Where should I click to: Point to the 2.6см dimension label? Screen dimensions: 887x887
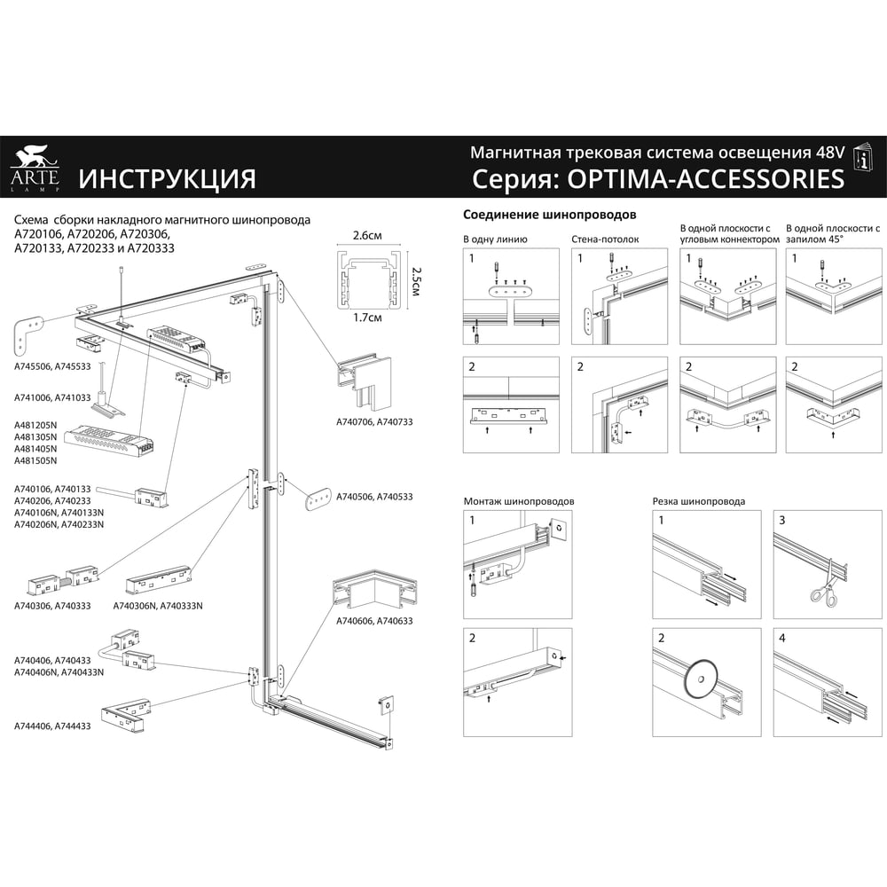[367, 235]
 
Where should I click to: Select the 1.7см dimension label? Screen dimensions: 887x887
[367, 318]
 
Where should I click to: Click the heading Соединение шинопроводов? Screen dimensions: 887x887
[549, 215]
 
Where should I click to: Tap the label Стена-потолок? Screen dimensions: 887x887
[605, 239]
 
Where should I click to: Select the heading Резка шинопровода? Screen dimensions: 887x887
[699, 501]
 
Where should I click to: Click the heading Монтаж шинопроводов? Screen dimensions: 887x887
[519, 501]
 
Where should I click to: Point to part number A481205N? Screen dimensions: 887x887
[35, 425]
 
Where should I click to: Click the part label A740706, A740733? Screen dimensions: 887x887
[374, 422]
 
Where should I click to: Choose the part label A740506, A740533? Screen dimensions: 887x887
[374, 497]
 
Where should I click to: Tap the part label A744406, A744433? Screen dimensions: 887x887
[52, 726]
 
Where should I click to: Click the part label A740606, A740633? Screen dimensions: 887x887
[374, 621]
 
